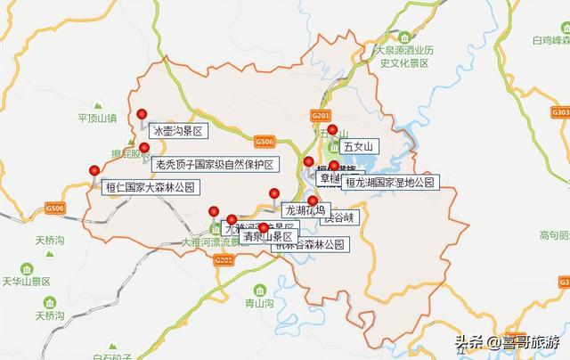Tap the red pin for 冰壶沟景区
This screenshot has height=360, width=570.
point(142,114)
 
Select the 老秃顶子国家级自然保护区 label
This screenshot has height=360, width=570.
point(215,164)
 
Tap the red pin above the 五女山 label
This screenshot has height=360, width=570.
point(332,130)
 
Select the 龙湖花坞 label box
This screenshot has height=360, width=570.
point(305,211)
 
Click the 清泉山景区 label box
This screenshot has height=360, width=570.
point(267,237)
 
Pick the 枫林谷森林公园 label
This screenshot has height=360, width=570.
point(306,243)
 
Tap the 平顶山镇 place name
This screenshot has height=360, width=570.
point(98,119)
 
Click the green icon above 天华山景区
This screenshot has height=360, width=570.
point(27,268)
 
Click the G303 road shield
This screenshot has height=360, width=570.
point(559,113)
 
